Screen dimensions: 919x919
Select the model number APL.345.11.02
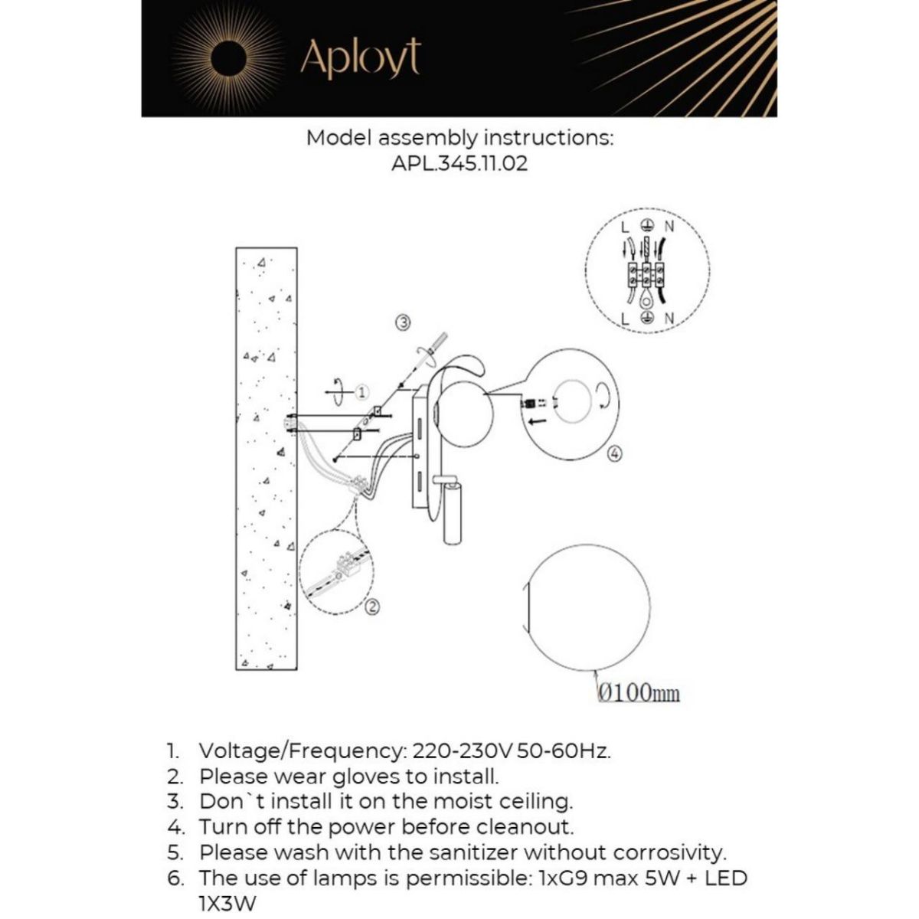[x=459, y=164]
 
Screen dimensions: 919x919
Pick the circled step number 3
[x=404, y=322]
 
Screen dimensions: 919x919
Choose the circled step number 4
[x=614, y=454]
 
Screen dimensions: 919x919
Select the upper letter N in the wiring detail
[x=669, y=227]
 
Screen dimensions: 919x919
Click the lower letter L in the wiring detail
[x=625, y=318]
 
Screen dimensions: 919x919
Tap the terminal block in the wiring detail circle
[x=646, y=272]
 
